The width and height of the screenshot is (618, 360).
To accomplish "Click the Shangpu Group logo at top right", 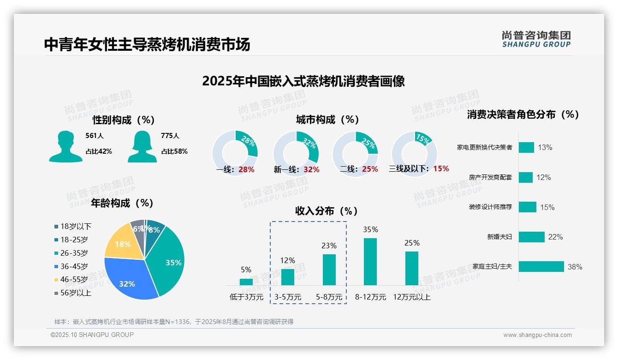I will (x=536, y=39).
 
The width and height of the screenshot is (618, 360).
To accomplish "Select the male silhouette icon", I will (x=65, y=147).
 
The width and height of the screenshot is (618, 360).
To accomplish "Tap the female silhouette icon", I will (x=142, y=147).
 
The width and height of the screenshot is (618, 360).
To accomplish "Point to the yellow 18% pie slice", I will (x=122, y=242).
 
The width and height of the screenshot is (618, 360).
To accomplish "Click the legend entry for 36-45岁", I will (x=74, y=266).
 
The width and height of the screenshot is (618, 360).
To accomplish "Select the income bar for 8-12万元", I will (x=370, y=262).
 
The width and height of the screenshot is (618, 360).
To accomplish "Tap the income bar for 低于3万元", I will (x=246, y=282).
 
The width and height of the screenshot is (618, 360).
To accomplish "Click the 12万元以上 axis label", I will (x=412, y=297).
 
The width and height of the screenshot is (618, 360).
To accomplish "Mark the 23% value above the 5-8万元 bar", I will (x=329, y=246).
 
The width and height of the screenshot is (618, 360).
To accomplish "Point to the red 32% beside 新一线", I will (x=311, y=169).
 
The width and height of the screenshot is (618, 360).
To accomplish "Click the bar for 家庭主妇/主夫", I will (x=541, y=266).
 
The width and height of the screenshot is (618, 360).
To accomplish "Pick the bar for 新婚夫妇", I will (x=532, y=237).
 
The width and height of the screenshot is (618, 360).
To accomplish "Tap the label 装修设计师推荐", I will (x=490, y=207).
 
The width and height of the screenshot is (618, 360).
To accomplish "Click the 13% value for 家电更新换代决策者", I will (x=545, y=148).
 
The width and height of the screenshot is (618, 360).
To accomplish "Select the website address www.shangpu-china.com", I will (x=537, y=335).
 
